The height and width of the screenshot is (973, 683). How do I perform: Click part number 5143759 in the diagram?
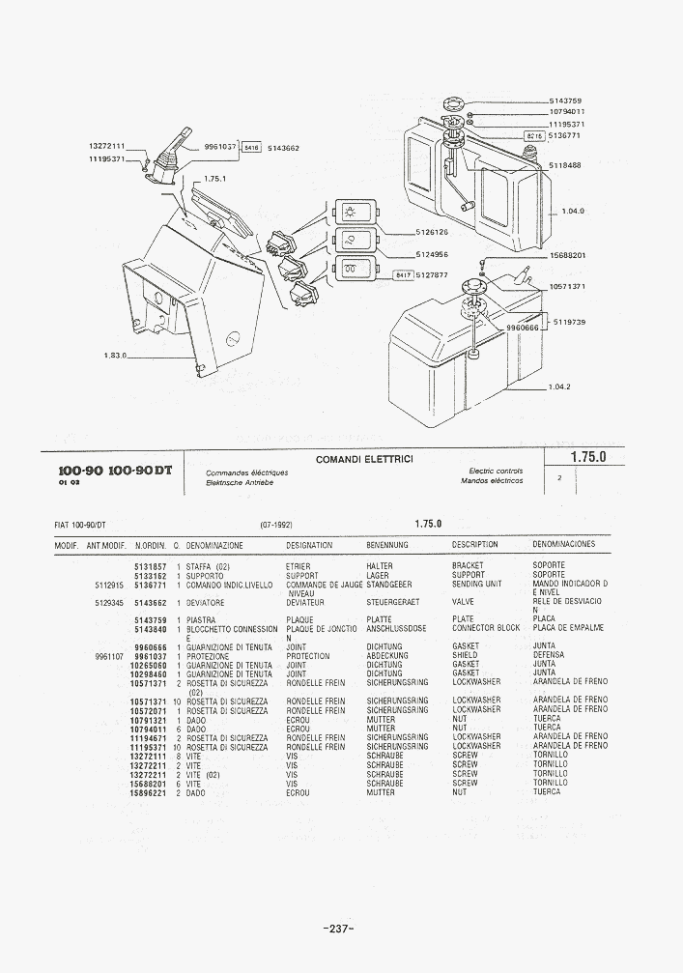[564, 100]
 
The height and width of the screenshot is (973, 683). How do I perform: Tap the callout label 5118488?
[564, 165]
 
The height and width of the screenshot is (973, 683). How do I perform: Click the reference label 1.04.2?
[559, 386]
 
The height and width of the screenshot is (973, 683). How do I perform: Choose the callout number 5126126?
[433, 232]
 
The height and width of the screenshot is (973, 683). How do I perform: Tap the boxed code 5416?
[250, 148]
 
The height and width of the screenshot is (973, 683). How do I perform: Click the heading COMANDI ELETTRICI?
[364, 459]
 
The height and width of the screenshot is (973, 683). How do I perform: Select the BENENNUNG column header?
[386, 545]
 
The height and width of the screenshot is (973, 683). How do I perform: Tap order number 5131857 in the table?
[151, 565]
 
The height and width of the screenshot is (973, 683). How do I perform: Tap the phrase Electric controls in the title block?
[496, 471]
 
